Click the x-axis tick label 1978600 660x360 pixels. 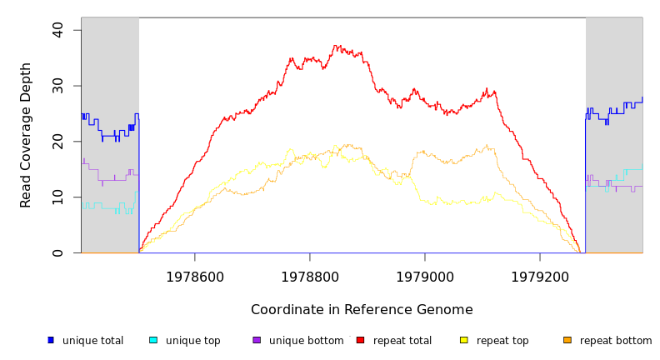coord(195,277)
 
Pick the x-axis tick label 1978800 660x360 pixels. coord(310,277)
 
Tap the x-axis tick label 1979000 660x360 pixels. coord(425,277)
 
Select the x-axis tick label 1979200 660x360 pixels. coord(540,277)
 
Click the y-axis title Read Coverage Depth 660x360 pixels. coord(27,135)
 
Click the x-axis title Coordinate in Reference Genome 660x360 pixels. coord(362,310)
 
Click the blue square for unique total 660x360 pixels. coord(51,340)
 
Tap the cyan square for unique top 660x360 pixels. coord(153,340)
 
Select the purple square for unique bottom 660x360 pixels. coord(257,340)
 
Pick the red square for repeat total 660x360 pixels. coord(360,340)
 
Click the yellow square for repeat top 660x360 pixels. coord(464,340)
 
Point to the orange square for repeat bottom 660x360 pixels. coord(567,340)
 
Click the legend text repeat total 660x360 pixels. coord(402,341)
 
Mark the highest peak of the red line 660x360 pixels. coord(337,45)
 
